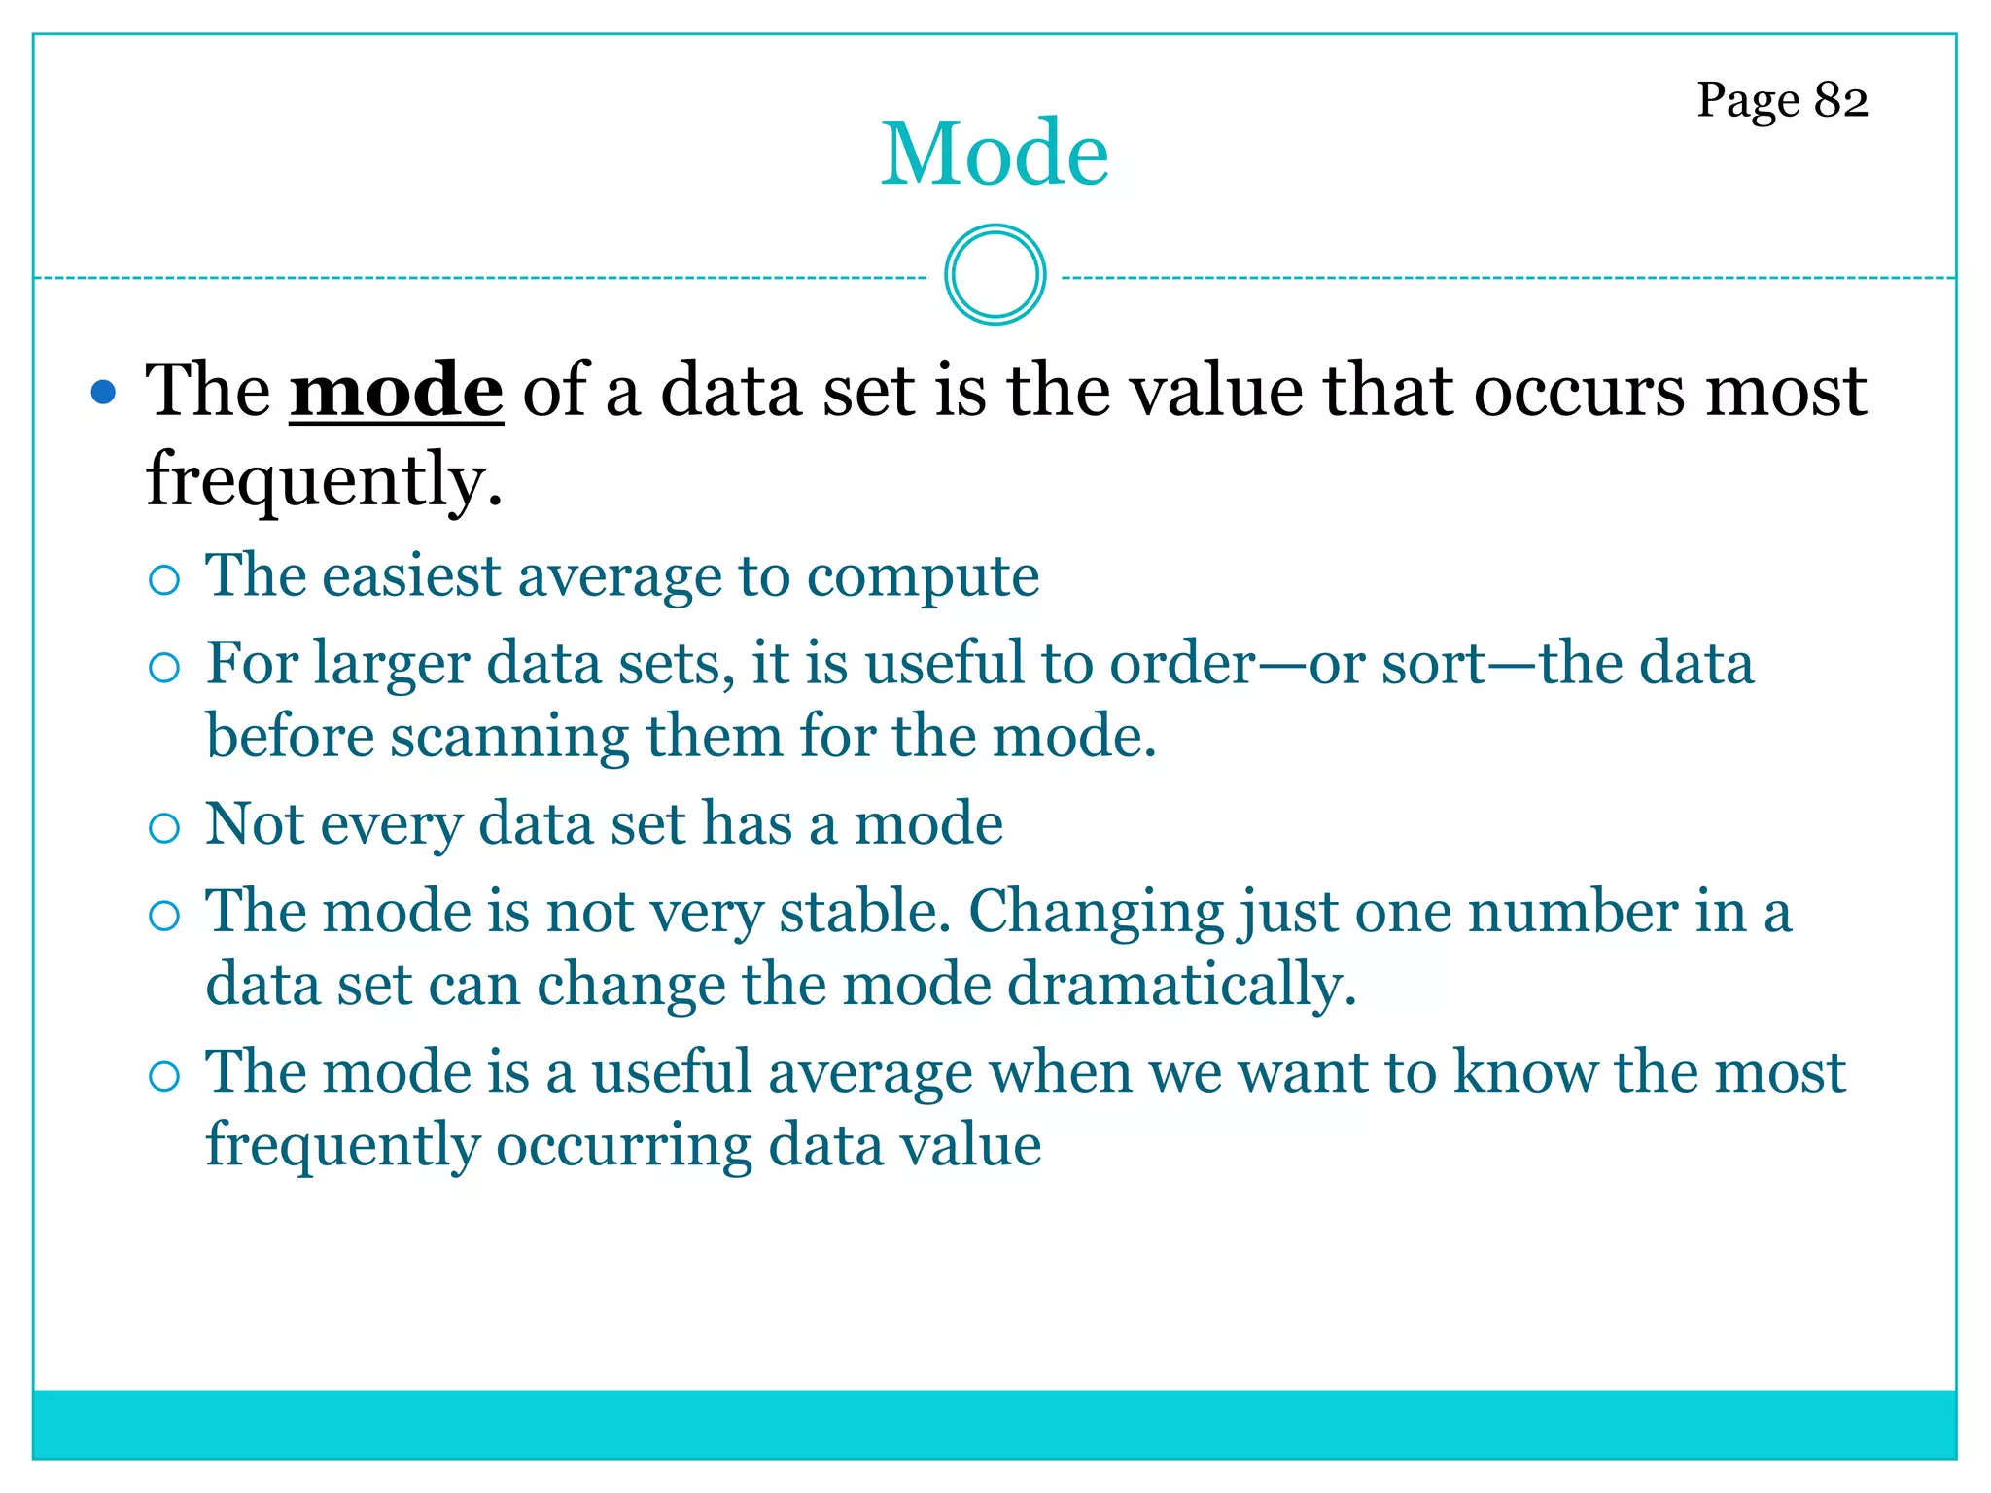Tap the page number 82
(x=1840, y=99)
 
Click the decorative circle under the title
(x=995, y=274)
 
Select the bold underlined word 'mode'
(x=397, y=391)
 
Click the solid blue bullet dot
(x=102, y=394)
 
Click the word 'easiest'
(x=411, y=575)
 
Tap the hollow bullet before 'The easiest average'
(x=164, y=580)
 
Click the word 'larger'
(x=392, y=666)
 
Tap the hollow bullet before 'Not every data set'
(x=164, y=828)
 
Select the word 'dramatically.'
(x=1181, y=985)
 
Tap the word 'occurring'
(x=623, y=1145)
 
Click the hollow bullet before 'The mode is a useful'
(x=164, y=1076)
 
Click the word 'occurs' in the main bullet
(x=1579, y=391)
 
